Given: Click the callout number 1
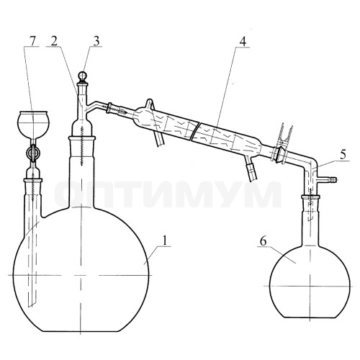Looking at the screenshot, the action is (164, 240).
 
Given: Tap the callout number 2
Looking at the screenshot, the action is (54, 41).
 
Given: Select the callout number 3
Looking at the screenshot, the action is (96, 41).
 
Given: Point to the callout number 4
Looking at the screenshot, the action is (243, 42).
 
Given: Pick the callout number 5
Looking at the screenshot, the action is (343, 155).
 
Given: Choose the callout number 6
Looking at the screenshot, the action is (264, 241).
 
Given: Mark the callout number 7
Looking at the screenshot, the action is (32, 41).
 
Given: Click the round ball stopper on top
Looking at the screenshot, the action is (83, 76).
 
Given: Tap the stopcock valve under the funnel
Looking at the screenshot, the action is (33, 153).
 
